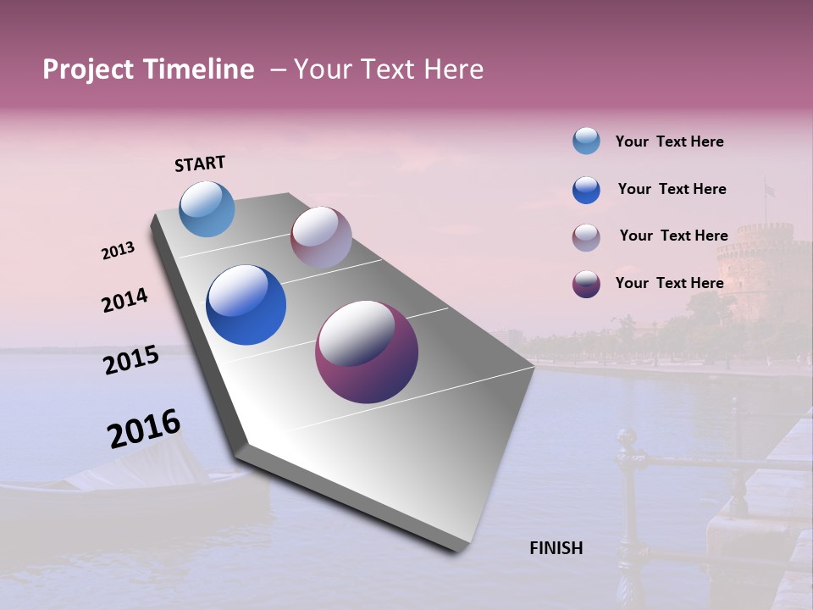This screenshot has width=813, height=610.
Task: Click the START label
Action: pyautogui.click(x=200, y=164)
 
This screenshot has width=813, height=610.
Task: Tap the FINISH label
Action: pyautogui.click(x=556, y=548)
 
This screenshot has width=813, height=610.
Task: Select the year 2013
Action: pyautogui.click(x=118, y=251)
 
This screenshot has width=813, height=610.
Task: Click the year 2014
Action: pyautogui.click(x=124, y=300)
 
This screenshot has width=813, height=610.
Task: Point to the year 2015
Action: pyautogui.click(x=131, y=360)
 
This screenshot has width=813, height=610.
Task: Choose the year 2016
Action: pyautogui.click(x=144, y=429)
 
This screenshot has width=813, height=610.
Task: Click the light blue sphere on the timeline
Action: pyautogui.click(x=207, y=208)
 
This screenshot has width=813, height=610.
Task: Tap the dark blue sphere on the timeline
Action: pyautogui.click(x=246, y=305)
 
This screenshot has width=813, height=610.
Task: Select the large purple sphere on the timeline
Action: pyautogui.click(x=367, y=352)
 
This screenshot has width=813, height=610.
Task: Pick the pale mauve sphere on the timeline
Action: pyautogui.click(x=321, y=237)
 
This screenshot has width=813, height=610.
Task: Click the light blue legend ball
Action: pyautogui.click(x=586, y=141)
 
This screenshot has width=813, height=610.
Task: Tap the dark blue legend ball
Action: pyautogui.click(x=586, y=190)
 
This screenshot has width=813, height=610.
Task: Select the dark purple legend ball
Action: pyautogui.click(x=586, y=284)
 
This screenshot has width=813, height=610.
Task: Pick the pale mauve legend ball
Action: pyautogui.click(x=586, y=237)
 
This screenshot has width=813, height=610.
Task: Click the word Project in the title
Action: pyautogui.click(x=87, y=69)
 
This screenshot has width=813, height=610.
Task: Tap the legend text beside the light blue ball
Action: pyautogui.click(x=669, y=141)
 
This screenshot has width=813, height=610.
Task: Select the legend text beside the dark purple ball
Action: pyautogui.click(x=669, y=283)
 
